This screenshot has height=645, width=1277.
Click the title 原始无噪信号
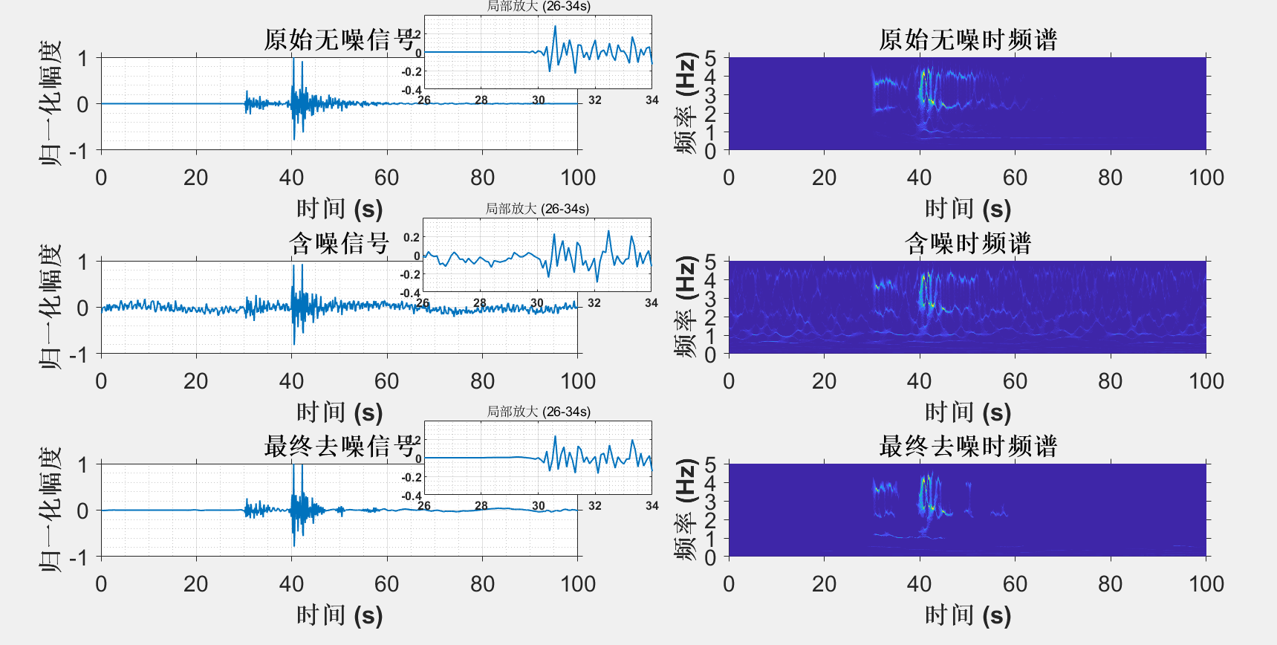tap(339, 40)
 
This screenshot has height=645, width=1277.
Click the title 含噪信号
tap(339, 243)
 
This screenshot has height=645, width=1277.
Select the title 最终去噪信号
tap(339, 446)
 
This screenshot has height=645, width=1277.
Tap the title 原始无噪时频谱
tap(967, 40)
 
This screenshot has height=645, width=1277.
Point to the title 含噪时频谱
tap(967, 243)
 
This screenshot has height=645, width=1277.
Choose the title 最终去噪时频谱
tap(967, 446)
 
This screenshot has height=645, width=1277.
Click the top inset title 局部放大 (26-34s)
tap(538, 7)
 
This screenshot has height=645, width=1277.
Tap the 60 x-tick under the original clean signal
tap(386, 178)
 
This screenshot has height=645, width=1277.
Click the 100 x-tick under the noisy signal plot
tap(577, 381)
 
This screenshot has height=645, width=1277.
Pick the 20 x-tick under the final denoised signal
tap(196, 584)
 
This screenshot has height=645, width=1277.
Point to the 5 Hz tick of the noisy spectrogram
tap(710, 262)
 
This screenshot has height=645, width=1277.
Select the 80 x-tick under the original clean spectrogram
tap(1110, 178)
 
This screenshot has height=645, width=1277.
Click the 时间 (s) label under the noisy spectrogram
tap(967, 412)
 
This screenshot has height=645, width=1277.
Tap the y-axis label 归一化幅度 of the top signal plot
tap(51, 103)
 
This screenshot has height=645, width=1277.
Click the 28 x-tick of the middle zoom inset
tap(480, 303)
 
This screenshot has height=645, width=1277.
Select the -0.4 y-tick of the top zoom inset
tap(412, 91)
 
